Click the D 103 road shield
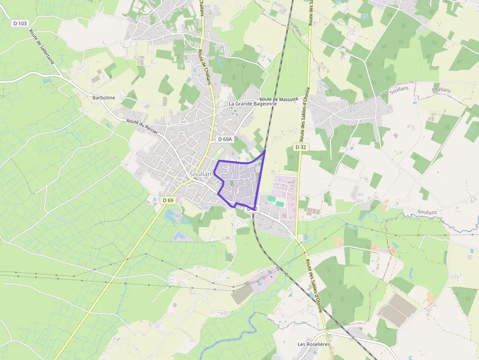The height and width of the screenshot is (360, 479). pos(19,23)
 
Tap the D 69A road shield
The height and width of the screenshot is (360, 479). pos(224,139)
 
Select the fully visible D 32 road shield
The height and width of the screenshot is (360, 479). pos(301,147)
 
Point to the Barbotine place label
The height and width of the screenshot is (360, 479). pos(104,98)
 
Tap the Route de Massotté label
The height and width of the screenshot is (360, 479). pos(279,99)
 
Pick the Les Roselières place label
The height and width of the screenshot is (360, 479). pos(314,344)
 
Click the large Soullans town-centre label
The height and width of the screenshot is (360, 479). pos(202,174)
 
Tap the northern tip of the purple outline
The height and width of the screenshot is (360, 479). pos(265,151)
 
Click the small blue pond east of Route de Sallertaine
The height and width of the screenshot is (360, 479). pos(47,81)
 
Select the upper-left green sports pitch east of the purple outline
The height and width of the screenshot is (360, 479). pos(271,198)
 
